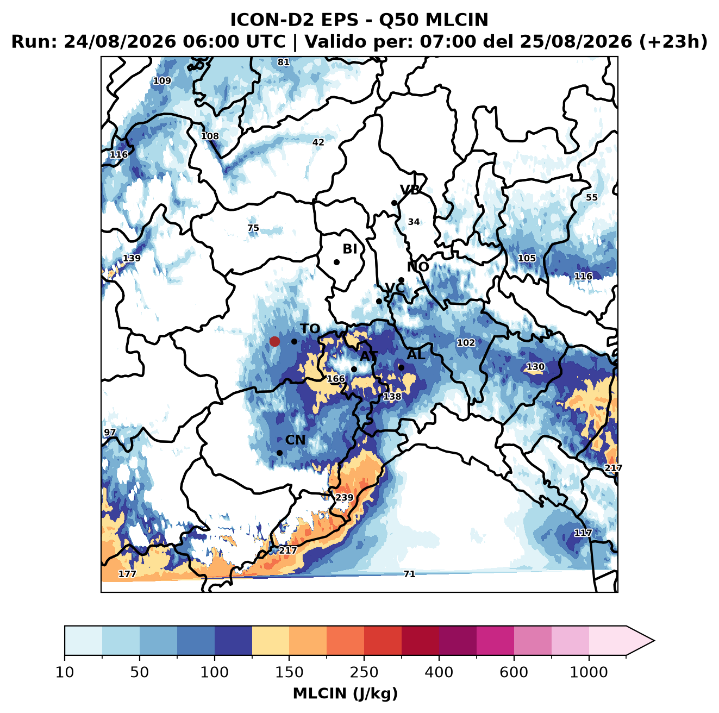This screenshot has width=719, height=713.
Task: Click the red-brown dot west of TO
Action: coord(274,341)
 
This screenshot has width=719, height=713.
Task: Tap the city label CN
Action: coord(295,440)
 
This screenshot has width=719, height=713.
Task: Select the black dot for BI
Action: coord(336,262)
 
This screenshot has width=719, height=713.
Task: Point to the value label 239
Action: coord(344,497)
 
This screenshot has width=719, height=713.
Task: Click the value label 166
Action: coord(335,379)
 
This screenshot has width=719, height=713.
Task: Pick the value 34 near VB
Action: coord(414,222)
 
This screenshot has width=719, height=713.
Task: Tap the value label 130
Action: coord(535,367)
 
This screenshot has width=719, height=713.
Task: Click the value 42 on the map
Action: coord(318,142)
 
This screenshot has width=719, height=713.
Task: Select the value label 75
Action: coord(253,228)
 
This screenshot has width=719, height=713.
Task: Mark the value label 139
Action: coord(132,258)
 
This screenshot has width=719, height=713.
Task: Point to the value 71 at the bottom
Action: coord(409,574)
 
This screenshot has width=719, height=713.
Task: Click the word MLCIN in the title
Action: coord(457,20)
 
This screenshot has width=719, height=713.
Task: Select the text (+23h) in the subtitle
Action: coord(673,41)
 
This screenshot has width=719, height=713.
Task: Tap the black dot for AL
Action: coord(401,367)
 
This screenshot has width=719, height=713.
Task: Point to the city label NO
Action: coord(417,267)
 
